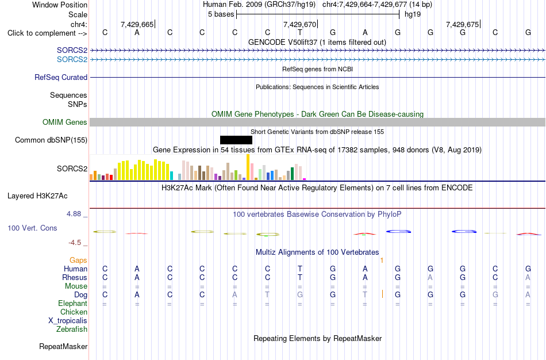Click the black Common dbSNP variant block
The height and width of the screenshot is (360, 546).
[x=236, y=140]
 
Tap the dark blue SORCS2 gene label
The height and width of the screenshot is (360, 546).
[x=72, y=51]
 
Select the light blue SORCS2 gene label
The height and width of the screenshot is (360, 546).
[x=72, y=60]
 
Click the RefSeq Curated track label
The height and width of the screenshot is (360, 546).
[x=61, y=78]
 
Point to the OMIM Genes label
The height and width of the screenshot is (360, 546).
[x=65, y=122]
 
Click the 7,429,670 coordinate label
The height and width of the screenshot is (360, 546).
[x=299, y=24]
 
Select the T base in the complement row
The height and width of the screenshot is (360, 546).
[x=300, y=33]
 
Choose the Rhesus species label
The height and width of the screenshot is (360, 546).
[x=75, y=277]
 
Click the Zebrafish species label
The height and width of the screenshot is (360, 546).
[x=72, y=330]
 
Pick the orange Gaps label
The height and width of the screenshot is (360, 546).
[x=78, y=261]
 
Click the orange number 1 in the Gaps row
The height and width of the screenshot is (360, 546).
[x=382, y=261]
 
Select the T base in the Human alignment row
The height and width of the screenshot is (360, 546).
[x=300, y=269]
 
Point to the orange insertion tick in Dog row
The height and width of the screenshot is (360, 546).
[x=382, y=294]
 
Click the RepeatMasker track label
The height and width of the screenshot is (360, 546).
[x=63, y=346]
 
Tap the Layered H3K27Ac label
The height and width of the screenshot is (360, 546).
[x=37, y=196]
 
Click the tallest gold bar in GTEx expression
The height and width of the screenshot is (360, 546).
[x=248, y=167]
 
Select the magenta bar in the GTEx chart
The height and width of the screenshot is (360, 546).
[x=305, y=179]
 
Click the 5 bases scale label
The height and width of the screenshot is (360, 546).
[x=221, y=14]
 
